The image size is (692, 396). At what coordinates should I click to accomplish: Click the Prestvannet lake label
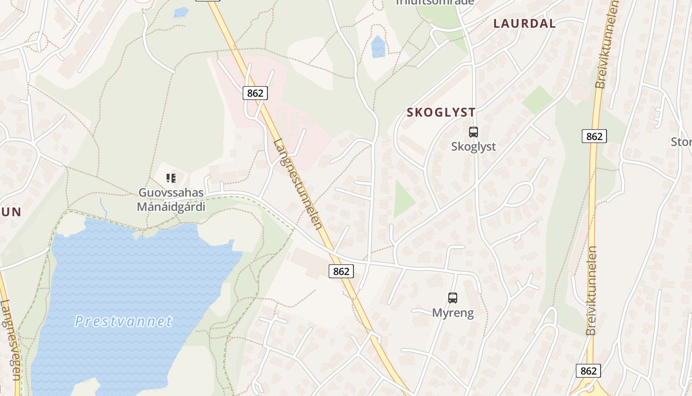[x=123, y=321]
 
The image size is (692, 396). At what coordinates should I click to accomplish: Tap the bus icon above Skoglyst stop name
[x=474, y=132]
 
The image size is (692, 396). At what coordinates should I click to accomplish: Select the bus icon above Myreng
[x=453, y=298]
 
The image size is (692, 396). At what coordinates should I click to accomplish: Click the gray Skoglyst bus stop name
[x=474, y=147]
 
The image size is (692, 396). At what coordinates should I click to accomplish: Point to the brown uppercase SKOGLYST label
[x=441, y=112]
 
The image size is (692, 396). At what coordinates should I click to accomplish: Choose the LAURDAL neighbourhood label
[x=524, y=23]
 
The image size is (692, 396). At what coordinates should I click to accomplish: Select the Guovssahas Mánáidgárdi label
[x=171, y=199]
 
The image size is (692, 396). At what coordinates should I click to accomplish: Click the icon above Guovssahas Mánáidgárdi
[x=171, y=178]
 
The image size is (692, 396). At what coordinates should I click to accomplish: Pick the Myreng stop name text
[x=453, y=313]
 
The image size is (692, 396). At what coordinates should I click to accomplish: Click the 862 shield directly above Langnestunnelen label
[x=255, y=93]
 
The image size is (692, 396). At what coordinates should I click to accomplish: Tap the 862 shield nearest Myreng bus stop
[x=341, y=271]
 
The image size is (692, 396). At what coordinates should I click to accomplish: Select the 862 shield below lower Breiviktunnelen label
[x=588, y=371]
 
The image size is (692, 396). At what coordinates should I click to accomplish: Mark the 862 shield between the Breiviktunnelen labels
[x=594, y=136]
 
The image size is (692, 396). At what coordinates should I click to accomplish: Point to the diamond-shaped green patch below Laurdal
[x=538, y=99]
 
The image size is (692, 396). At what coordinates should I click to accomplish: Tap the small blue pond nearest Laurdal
[x=378, y=47]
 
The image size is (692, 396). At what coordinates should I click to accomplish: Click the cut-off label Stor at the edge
[x=682, y=142]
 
